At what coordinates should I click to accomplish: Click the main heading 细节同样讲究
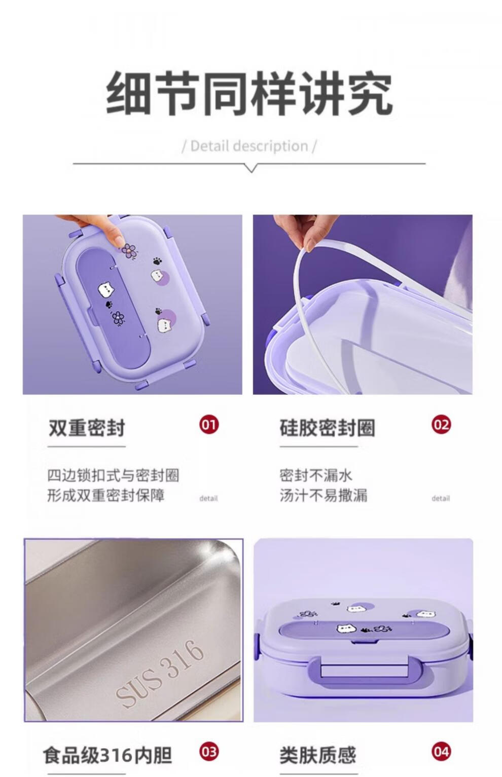point(249,93)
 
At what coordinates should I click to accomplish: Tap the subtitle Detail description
point(249,146)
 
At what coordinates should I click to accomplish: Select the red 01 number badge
point(209,424)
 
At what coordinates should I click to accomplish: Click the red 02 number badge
point(441,424)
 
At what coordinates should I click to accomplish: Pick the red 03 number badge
point(209,751)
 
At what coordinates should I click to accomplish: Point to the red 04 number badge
point(441,751)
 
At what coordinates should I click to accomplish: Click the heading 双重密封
point(87,428)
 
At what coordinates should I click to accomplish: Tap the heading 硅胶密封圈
point(328,428)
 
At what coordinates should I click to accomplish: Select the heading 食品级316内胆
point(107,755)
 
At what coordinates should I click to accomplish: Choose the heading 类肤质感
point(318,755)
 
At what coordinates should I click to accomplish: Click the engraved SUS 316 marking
point(160,673)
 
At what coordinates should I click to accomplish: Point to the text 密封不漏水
point(316,475)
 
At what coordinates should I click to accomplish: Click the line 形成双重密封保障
point(106,495)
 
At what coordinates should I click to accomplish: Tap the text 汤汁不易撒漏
point(324,495)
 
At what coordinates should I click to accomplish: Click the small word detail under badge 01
point(208,498)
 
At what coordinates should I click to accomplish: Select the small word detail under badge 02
point(441,498)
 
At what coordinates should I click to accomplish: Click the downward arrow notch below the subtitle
point(251,168)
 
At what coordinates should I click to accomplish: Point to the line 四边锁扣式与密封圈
point(113,475)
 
